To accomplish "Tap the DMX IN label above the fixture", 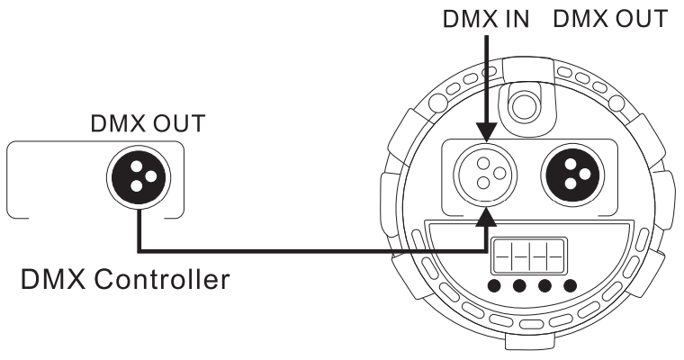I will (485, 20).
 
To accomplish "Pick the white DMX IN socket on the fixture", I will (485, 172).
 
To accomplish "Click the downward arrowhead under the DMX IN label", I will (485, 134).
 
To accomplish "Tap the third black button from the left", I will (544, 288).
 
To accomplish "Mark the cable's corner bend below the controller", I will (139, 249).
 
